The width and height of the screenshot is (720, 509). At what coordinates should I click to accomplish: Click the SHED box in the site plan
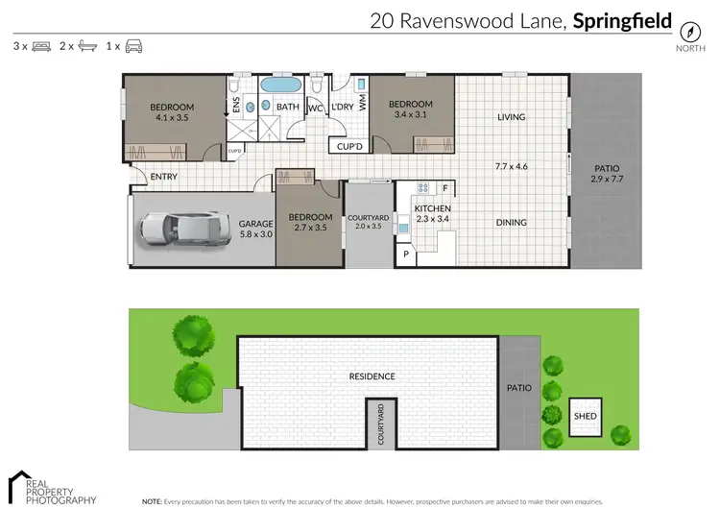[x=585, y=416]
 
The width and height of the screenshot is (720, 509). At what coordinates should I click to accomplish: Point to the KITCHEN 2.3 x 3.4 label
[x=432, y=213]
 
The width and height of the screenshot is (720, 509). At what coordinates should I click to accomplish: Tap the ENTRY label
[x=164, y=177]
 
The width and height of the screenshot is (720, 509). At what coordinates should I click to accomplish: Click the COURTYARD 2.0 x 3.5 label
[x=368, y=222]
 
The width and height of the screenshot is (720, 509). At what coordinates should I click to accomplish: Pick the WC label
[x=314, y=109]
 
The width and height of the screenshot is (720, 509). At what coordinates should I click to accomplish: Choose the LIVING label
[x=512, y=117]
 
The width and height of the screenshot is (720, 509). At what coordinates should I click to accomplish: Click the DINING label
[x=512, y=223]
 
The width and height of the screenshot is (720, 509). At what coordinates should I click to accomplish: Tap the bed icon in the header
[x=41, y=46]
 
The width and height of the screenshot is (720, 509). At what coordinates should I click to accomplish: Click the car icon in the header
[x=134, y=46]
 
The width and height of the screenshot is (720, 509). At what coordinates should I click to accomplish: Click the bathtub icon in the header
[x=87, y=46]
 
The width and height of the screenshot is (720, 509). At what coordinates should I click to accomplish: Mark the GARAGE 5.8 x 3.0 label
[x=255, y=229]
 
